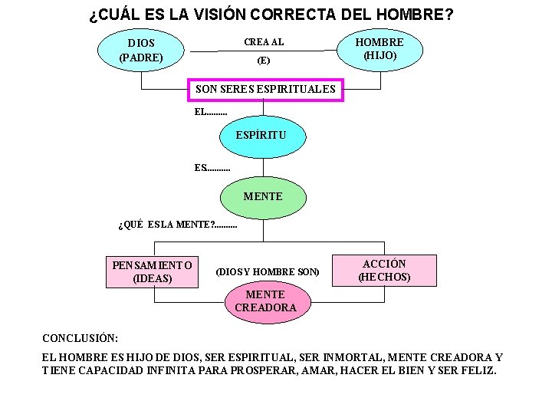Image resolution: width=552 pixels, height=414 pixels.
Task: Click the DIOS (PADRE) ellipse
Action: click(141, 50)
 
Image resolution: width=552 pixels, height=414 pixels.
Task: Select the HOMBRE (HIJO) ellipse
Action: click(380, 48)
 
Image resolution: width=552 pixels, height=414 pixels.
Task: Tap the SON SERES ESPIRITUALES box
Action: click(266, 90)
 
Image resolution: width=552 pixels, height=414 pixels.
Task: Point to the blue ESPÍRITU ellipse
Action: click(264, 136)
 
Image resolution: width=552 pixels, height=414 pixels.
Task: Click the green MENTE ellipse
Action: click(263, 197)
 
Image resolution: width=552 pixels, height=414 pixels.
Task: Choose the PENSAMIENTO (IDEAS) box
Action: click(153, 271)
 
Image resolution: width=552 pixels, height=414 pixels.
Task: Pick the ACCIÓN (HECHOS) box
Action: click(384, 270)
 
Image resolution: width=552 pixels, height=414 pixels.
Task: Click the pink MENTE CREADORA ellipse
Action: click(265, 301)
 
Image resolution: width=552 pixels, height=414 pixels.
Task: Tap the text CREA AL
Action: click(264, 42)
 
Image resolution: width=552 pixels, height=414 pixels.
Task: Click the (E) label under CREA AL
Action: click(264, 60)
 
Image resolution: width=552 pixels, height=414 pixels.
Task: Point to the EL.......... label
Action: click(211, 112)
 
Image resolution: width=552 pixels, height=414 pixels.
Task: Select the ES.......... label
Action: click(212, 167)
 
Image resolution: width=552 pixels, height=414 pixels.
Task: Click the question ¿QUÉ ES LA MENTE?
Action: click(178, 225)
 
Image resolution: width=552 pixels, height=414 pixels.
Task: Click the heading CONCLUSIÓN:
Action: click(80, 337)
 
